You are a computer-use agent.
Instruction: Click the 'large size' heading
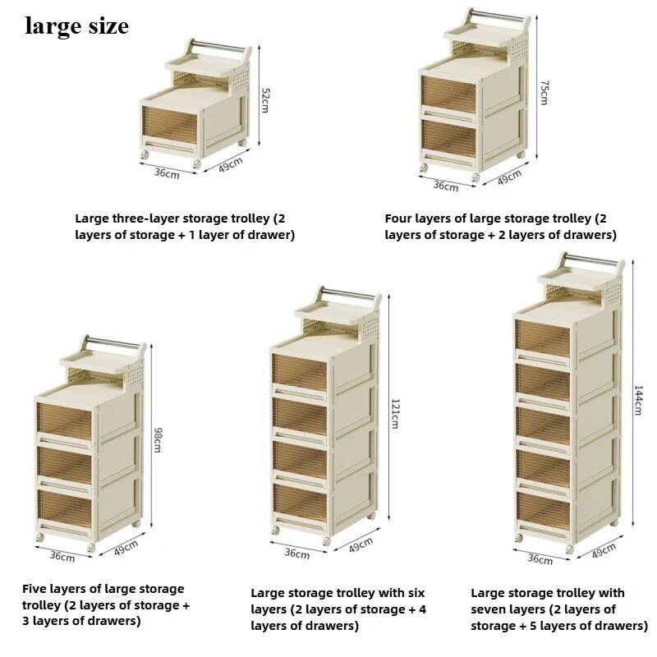coord(76,26)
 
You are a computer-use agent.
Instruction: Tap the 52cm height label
coord(265,99)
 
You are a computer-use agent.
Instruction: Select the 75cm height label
coord(544,93)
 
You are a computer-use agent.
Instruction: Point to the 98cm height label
coord(158,439)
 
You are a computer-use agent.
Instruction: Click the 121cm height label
coord(395,414)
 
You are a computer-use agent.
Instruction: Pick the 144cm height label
coord(638,400)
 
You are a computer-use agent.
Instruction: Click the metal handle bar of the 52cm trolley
coord(218,46)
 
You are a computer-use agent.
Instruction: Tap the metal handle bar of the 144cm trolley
coord(592,260)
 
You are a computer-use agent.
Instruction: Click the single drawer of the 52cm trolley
coord(169,125)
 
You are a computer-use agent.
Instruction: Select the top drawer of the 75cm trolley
coord(448,94)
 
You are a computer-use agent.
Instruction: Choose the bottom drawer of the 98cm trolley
coord(64,508)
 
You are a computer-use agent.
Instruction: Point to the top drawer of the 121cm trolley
coord(299,373)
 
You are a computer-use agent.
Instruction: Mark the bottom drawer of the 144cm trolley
coord(543,510)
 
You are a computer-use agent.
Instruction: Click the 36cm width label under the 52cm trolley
coord(167,172)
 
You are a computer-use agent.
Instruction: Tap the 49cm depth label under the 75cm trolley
coord(509,177)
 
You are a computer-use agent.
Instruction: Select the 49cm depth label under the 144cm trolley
coord(604,550)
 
